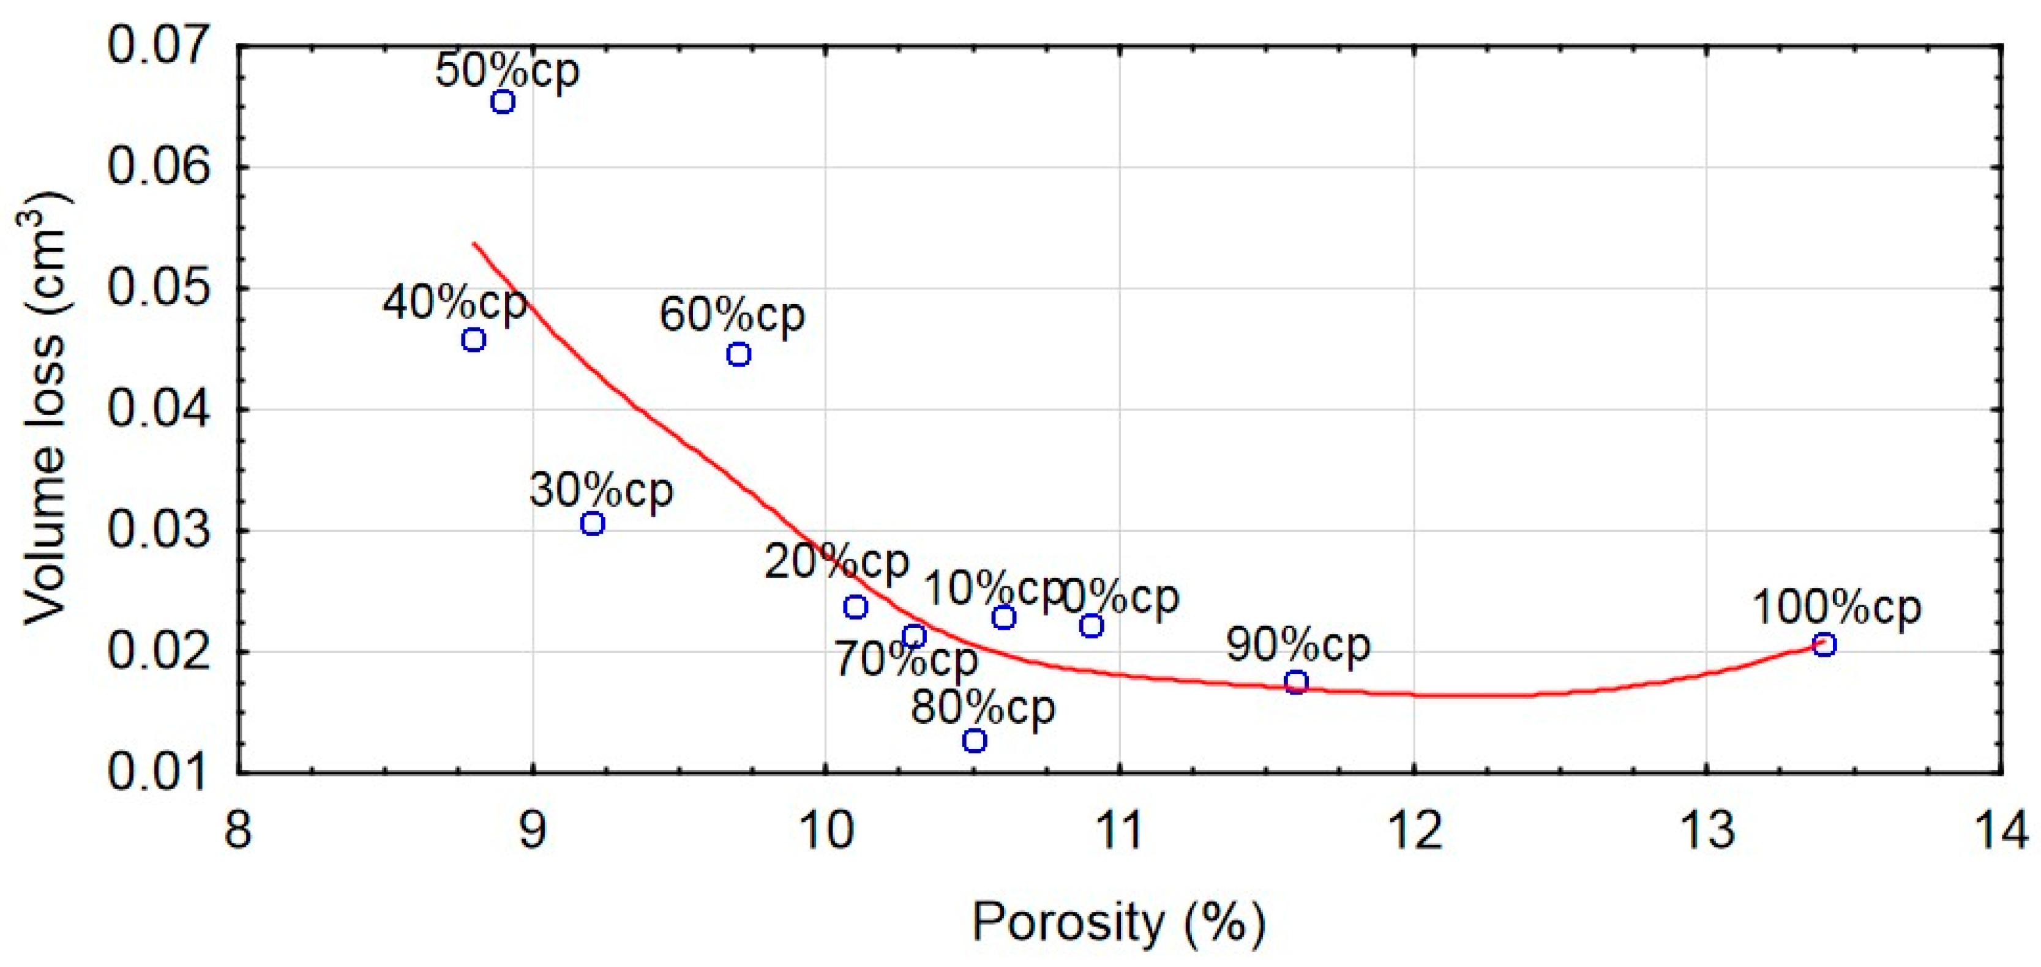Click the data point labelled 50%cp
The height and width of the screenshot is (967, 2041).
pyautogui.click(x=503, y=102)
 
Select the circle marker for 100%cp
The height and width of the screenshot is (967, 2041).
pyautogui.click(x=1824, y=644)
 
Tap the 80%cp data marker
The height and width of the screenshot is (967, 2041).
pyautogui.click(x=975, y=741)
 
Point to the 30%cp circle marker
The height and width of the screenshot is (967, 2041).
pyautogui.click(x=593, y=523)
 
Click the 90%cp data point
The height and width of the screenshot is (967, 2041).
pyautogui.click(x=1295, y=682)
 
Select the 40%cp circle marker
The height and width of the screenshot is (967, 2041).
pyautogui.click(x=474, y=340)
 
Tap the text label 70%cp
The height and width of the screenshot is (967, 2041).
pyautogui.click(x=905, y=660)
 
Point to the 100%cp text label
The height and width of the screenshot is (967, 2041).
pyautogui.click(x=1837, y=608)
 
